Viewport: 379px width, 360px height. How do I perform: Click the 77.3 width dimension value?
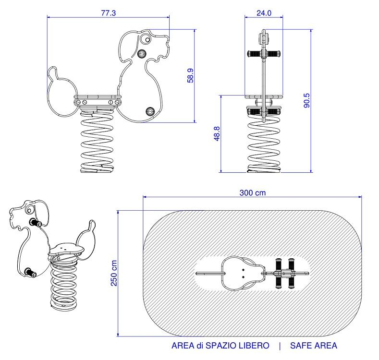tap(109, 12)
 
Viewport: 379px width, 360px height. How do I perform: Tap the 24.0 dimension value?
tap(264, 13)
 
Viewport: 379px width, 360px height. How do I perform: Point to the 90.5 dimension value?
tap(307, 100)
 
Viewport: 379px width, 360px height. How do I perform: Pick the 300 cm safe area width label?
tap(253, 193)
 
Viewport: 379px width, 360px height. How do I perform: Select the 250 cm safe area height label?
tap(114, 273)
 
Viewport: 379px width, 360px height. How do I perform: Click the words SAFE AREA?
tap(314, 346)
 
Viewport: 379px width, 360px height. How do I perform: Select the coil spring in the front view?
tap(263, 144)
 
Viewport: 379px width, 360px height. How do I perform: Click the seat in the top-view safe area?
tap(240, 273)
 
